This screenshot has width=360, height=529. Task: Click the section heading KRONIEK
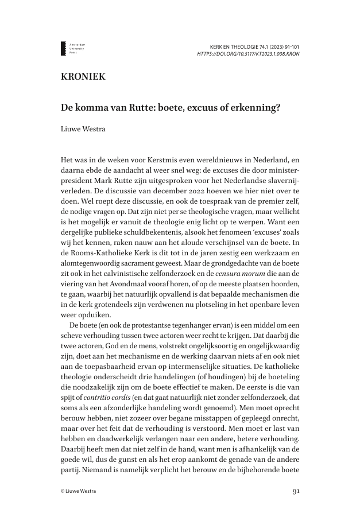tap(83, 77)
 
